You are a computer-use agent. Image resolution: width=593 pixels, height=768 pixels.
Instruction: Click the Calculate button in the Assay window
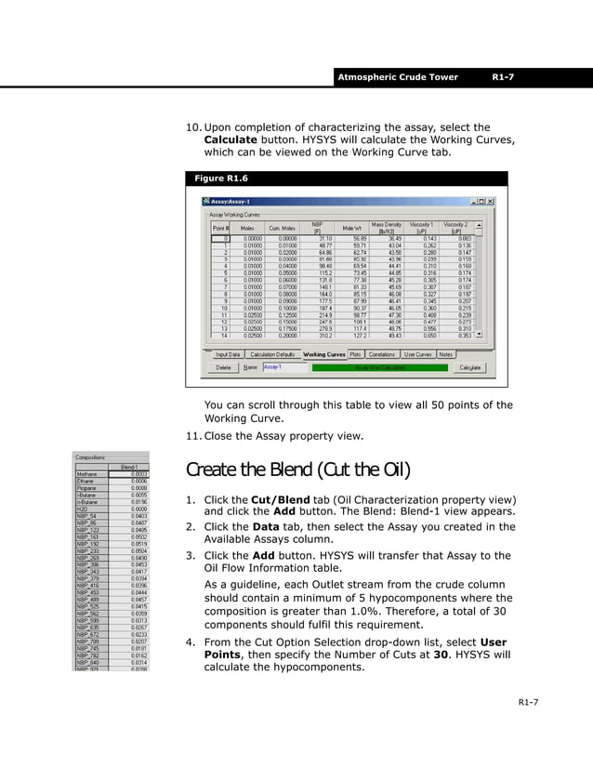pyautogui.click(x=470, y=367)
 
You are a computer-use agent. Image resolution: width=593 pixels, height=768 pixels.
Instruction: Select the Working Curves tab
pyautogui.click(x=324, y=354)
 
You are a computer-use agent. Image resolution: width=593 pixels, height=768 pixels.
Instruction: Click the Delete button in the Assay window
pyautogui.click(x=223, y=367)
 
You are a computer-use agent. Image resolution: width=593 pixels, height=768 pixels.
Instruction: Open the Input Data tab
pyautogui.click(x=228, y=354)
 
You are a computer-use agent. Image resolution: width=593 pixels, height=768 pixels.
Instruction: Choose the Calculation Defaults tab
pyautogui.click(x=273, y=354)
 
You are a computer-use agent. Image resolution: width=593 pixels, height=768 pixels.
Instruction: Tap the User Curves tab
pyautogui.click(x=417, y=354)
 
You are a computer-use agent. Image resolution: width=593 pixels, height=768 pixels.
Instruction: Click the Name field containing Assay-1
pyautogui.click(x=283, y=367)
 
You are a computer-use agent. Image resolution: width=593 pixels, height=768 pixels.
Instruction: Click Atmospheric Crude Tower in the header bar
pyautogui.click(x=398, y=77)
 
